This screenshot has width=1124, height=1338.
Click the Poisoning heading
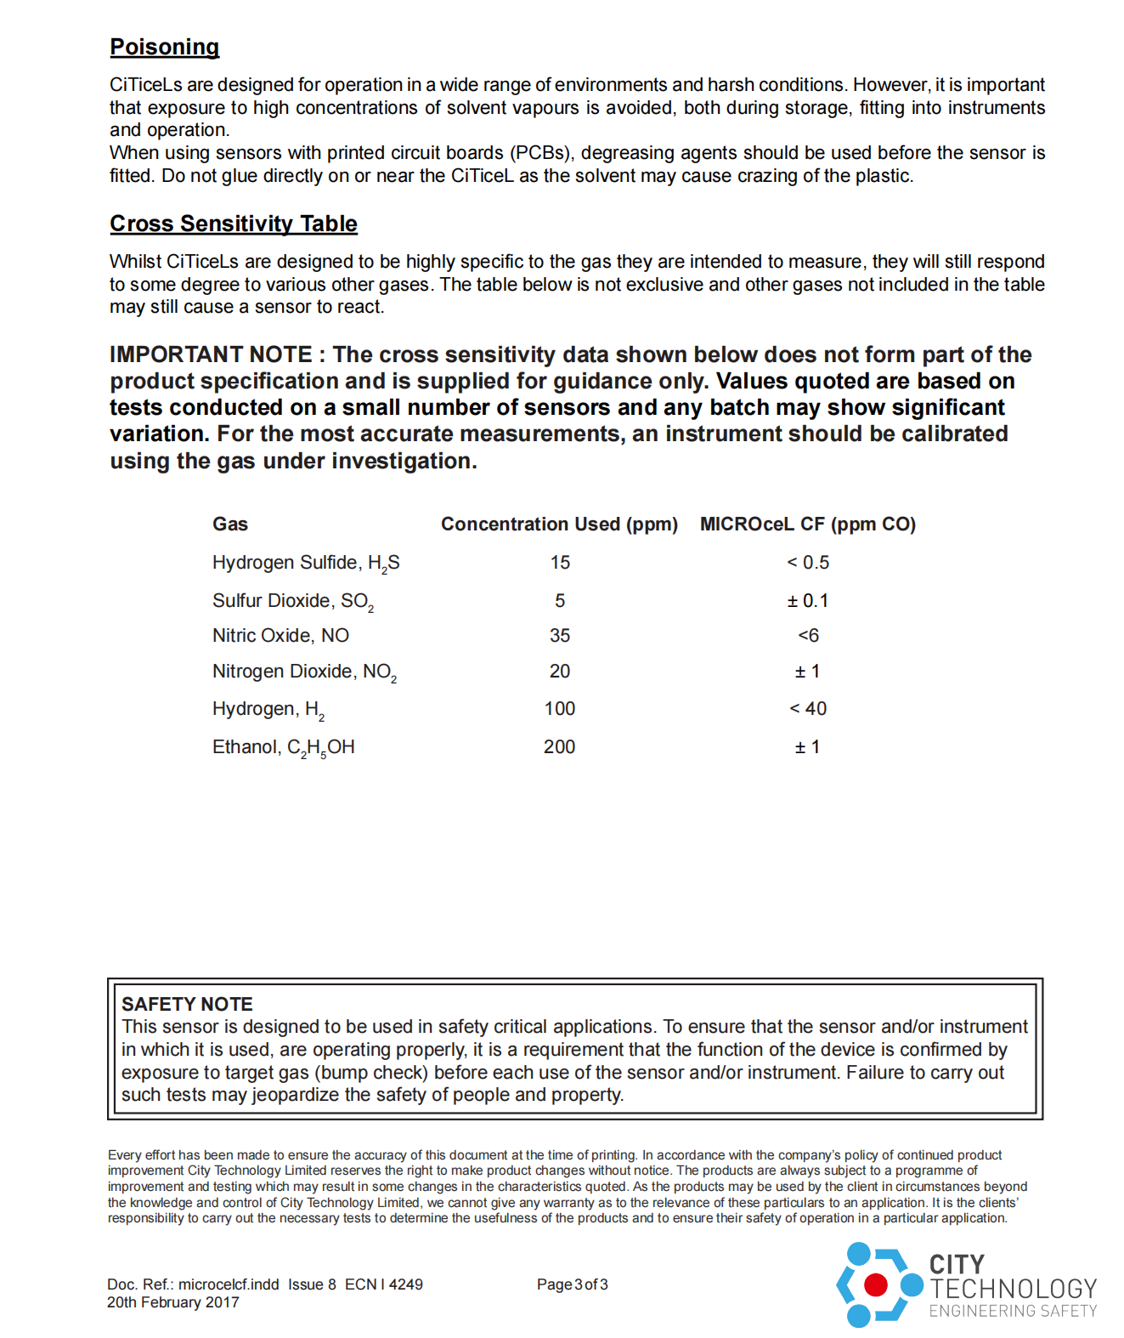point(164,47)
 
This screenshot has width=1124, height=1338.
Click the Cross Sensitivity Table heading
point(234,224)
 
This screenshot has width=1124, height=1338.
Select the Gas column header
point(230,524)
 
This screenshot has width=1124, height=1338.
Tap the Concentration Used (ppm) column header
point(559,524)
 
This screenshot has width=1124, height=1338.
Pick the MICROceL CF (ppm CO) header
point(807,524)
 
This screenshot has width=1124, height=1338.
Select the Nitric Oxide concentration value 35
point(560,636)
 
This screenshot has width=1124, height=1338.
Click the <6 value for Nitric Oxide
point(808,636)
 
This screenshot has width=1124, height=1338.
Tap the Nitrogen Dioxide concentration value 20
point(560,672)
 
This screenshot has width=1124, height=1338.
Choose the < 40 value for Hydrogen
point(808,709)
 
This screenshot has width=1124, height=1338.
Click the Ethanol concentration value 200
point(560,747)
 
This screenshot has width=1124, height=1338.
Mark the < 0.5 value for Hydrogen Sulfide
point(808,563)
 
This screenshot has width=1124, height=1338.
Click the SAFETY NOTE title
point(187,1004)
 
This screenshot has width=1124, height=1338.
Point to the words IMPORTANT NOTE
point(211,354)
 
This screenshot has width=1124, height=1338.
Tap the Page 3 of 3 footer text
point(573,1284)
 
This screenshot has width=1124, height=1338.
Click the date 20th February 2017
point(173,1302)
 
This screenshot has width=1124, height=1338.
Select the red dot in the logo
point(875,1284)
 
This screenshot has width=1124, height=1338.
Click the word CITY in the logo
point(957,1264)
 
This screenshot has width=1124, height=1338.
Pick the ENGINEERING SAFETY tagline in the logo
point(1013,1312)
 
